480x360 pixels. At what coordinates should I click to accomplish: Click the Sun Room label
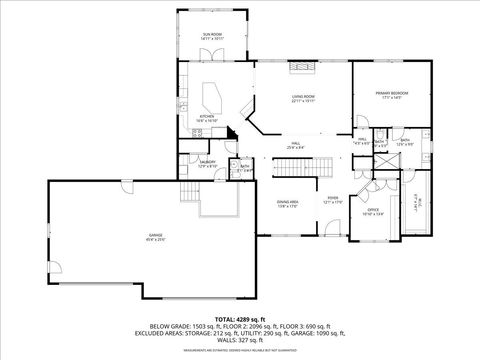(x=212, y=35)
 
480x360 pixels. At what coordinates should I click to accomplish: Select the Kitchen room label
(x=207, y=118)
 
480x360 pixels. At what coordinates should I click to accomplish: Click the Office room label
(x=371, y=212)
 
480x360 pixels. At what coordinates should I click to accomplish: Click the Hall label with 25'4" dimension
(x=296, y=146)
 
